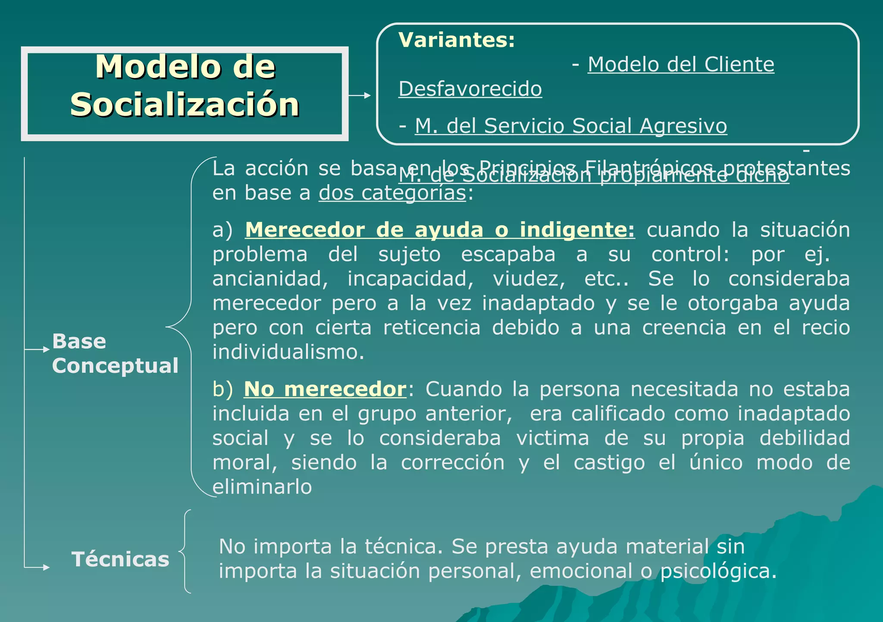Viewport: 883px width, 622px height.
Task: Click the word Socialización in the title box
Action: tap(185, 105)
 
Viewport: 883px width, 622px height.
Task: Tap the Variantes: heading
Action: tap(457, 40)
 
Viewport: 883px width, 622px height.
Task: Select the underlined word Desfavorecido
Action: tap(470, 89)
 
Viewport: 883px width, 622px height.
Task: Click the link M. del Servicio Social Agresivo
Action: tap(570, 126)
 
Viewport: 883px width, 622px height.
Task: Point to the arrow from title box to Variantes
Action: tap(360, 95)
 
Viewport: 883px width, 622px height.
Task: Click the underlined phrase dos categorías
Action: tap(392, 193)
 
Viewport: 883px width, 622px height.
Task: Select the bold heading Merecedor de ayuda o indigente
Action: tap(439, 230)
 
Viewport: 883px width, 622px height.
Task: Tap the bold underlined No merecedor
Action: tap(325, 389)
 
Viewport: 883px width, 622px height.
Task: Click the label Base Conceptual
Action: tap(115, 354)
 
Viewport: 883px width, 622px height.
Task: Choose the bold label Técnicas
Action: tap(120, 560)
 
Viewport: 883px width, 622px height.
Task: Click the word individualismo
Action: tap(288, 352)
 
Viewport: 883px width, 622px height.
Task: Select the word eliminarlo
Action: tap(262, 487)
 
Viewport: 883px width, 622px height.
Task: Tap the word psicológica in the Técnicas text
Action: tap(718, 572)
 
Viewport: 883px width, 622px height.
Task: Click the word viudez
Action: tap(529, 279)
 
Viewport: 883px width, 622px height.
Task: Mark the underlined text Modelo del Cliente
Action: tap(681, 65)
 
